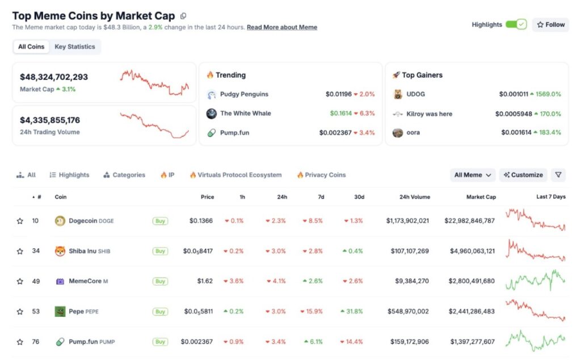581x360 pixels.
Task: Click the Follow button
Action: pyautogui.click(x=550, y=25)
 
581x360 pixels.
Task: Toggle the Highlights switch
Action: pyautogui.click(x=516, y=24)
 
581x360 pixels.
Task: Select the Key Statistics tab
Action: pyautogui.click(x=75, y=47)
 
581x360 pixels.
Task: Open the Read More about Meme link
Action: pyautogui.click(x=282, y=27)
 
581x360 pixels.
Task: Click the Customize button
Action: pyautogui.click(x=523, y=175)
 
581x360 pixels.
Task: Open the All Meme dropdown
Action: pyautogui.click(x=473, y=175)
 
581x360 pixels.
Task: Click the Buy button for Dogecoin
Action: pyautogui.click(x=160, y=221)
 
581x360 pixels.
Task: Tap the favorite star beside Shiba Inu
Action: pyautogui.click(x=20, y=251)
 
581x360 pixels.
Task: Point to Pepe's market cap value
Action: pyautogui.click(x=471, y=312)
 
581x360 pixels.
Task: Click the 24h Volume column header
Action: pyautogui.click(x=407, y=197)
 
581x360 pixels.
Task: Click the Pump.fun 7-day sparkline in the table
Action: pyautogui.click(x=535, y=341)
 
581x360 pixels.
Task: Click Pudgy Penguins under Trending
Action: pyautogui.click(x=244, y=94)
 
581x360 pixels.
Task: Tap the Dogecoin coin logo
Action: pyautogui.click(x=60, y=221)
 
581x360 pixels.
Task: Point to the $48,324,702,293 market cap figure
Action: pyautogui.click(x=54, y=77)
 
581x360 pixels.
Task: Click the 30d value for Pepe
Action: pyautogui.click(x=352, y=312)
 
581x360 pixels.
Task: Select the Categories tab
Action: pyautogui.click(x=124, y=175)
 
